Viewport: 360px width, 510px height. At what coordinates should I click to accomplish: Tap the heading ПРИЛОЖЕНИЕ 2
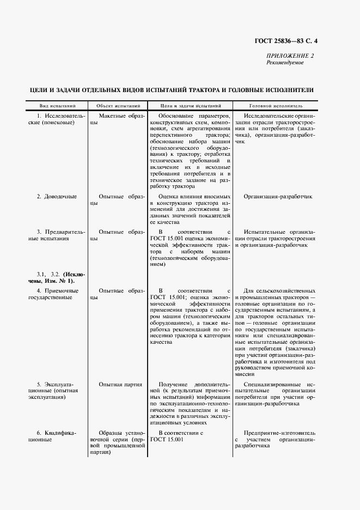290,56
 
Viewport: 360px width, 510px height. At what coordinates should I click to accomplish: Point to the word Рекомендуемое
285,63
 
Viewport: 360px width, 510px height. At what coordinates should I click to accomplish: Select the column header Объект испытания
119,106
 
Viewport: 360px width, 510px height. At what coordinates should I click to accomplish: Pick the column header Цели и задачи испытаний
190,106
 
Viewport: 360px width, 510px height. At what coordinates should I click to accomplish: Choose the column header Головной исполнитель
276,106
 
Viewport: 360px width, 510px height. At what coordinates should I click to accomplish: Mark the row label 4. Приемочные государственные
53,294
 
